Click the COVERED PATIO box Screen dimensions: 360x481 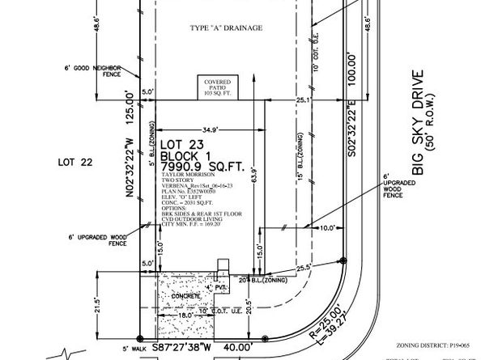(x=216, y=87)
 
